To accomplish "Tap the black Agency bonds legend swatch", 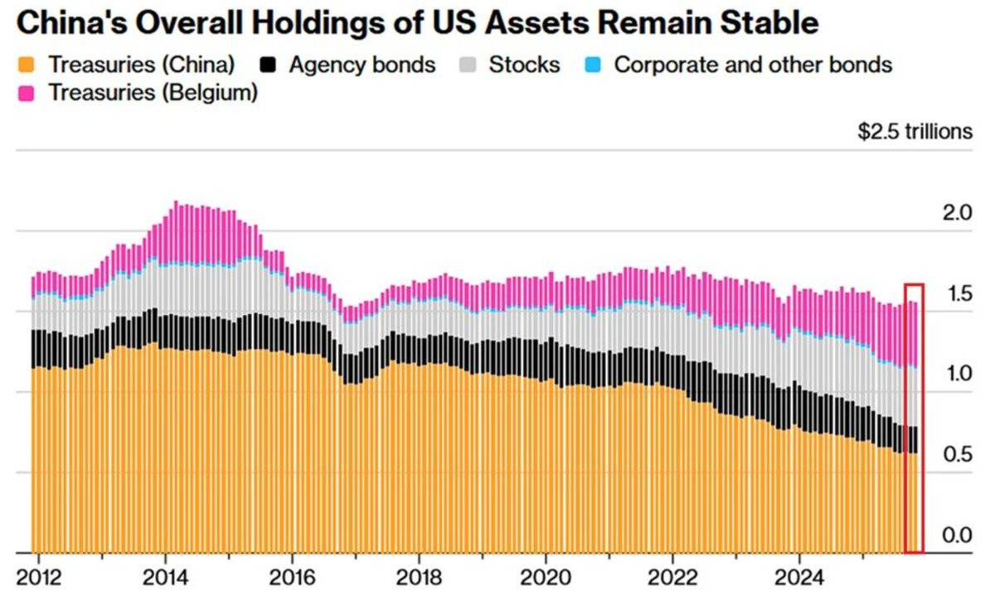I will [268, 65].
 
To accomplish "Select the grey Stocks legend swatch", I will [468, 65].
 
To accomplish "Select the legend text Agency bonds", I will [362, 65].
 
